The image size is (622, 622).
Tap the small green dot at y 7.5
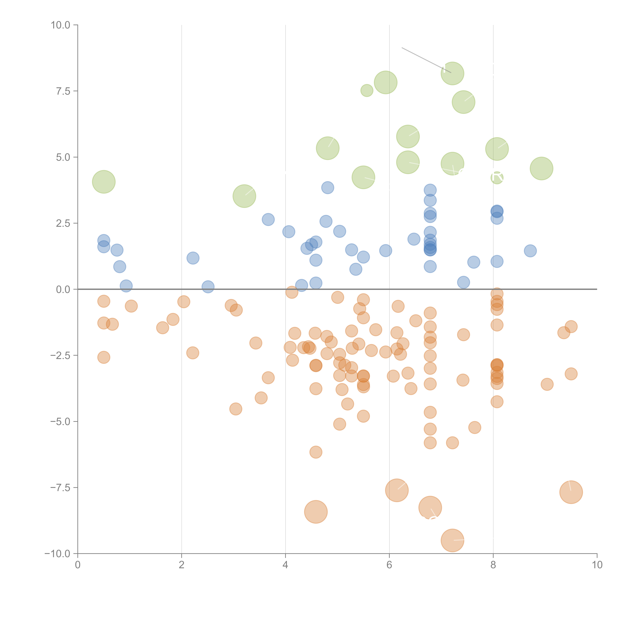[367, 90]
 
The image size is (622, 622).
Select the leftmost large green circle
[104, 182]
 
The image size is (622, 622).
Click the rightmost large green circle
[542, 168]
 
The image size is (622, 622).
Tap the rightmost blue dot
[530, 251]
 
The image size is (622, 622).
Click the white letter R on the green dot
[497, 176]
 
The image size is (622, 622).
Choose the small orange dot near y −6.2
[316, 452]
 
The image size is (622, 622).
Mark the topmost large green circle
[452, 73]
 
